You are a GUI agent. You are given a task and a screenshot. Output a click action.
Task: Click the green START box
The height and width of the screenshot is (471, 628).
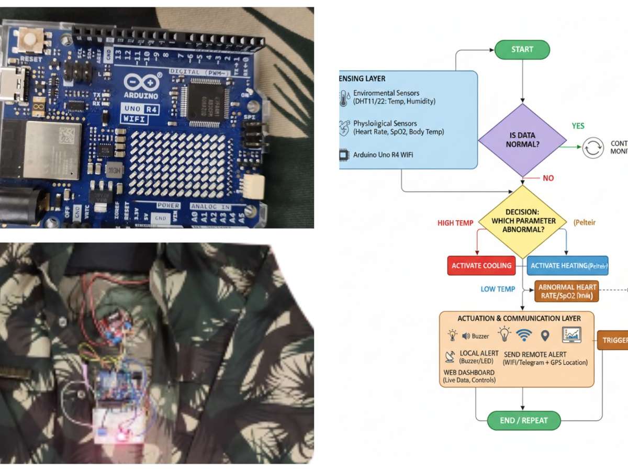pyautogui.click(x=522, y=50)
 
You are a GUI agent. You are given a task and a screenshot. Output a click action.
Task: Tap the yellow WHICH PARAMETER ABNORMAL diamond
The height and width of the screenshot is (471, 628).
pyautogui.click(x=522, y=221)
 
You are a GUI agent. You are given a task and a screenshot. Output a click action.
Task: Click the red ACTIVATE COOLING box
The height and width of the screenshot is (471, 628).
pyautogui.click(x=481, y=265)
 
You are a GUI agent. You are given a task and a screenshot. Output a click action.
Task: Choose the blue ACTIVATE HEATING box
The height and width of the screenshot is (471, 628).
pyautogui.click(x=568, y=265)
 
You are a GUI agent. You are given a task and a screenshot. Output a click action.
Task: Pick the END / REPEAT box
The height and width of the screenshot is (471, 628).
pyautogui.click(x=524, y=420)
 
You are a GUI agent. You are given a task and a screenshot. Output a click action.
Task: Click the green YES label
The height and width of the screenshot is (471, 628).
pyautogui.click(x=578, y=126)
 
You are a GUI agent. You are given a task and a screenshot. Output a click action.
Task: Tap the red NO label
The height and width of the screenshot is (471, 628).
pyautogui.click(x=548, y=178)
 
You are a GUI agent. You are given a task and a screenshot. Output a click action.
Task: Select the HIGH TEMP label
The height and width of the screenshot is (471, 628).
pyautogui.click(x=455, y=223)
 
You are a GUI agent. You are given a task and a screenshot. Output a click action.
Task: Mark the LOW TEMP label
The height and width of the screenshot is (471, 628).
pyautogui.click(x=498, y=289)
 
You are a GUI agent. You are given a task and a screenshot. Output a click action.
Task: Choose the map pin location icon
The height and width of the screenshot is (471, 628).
pyautogui.click(x=545, y=335)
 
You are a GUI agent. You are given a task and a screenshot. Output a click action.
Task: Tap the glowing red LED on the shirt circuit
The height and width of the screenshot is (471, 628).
pyautogui.click(x=122, y=435)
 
